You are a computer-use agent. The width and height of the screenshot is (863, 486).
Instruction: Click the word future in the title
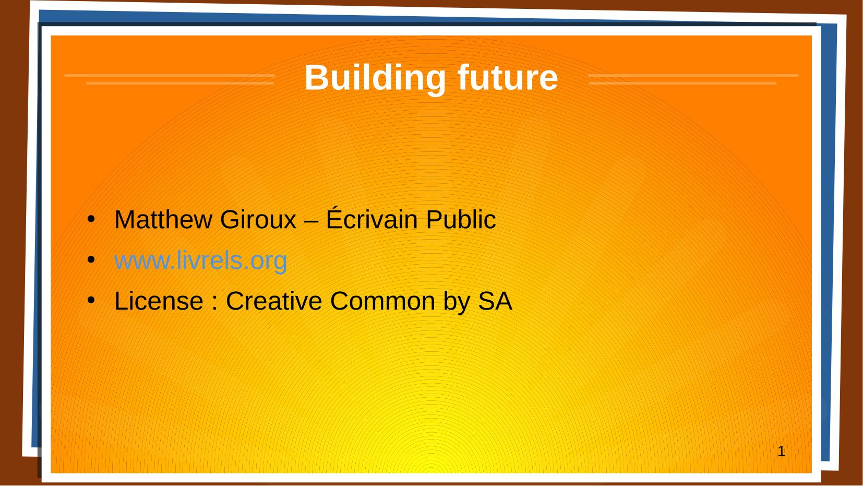coord(507,77)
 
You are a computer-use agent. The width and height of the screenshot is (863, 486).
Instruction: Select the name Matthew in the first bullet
coord(163,220)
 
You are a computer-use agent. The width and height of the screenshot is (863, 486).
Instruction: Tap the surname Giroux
coord(258,220)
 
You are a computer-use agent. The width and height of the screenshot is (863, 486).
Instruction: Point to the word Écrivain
coord(372,218)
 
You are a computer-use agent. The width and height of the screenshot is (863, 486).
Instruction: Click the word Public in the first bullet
coord(461,219)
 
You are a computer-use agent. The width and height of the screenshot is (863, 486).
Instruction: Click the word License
coord(159,301)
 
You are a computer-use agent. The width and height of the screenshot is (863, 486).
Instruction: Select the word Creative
coord(274,301)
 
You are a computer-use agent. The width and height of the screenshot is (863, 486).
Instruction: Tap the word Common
coord(382,301)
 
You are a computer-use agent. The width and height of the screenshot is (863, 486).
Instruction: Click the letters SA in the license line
coord(495,301)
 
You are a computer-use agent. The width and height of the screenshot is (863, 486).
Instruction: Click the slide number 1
coord(781,452)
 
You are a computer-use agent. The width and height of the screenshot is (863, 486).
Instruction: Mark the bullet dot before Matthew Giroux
coord(91,219)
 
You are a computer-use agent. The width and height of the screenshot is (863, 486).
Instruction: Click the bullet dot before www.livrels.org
coord(91,260)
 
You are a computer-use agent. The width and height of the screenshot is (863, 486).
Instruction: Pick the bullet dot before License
coord(91,300)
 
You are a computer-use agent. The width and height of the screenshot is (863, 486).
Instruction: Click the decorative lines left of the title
coord(170,79)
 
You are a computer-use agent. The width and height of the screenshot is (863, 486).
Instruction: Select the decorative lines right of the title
coord(693,79)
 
